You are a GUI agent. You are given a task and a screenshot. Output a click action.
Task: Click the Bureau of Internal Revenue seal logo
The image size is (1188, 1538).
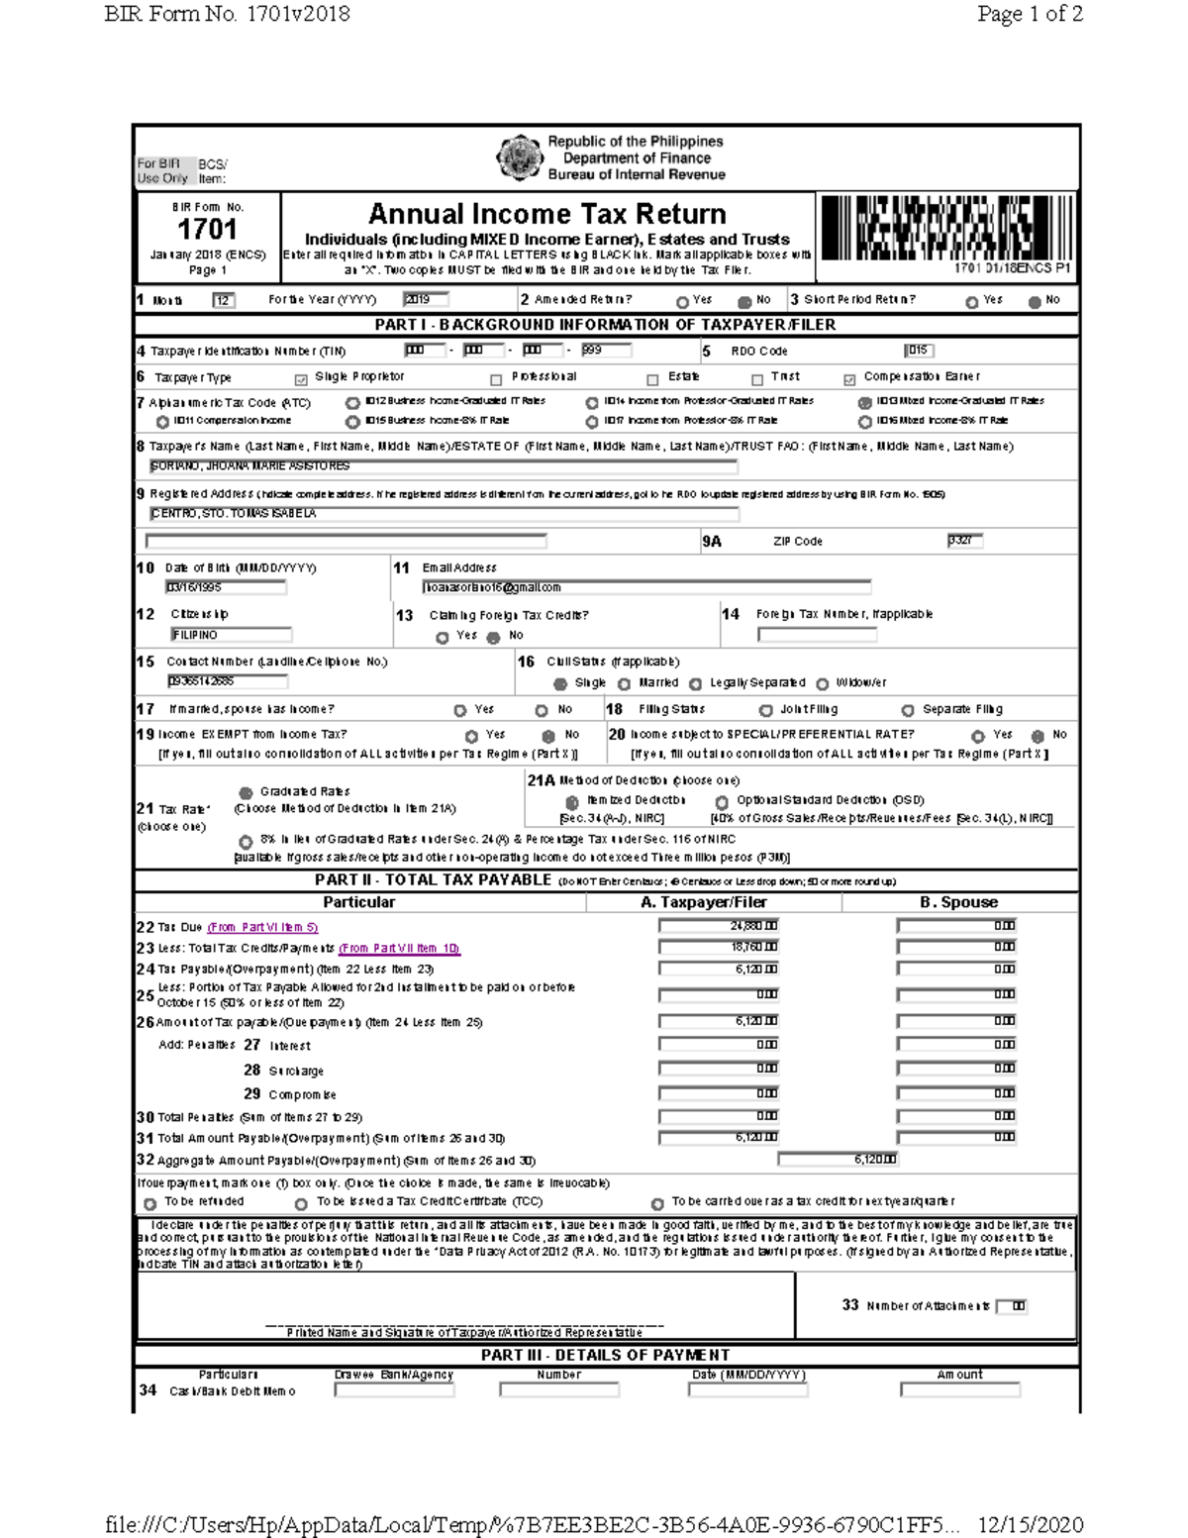click(518, 158)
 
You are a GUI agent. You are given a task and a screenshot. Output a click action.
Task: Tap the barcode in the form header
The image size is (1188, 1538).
click(946, 228)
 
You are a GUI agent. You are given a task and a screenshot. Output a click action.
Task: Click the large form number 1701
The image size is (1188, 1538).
click(207, 230)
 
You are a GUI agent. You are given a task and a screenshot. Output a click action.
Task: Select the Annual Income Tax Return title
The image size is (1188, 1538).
click(546, 214)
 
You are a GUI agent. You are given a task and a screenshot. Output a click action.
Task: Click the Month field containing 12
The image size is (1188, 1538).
click(224, 300)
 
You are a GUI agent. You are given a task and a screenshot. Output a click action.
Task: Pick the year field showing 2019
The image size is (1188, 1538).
click(426, 299)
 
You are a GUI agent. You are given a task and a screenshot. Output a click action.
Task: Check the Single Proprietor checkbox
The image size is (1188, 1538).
click(301, 379)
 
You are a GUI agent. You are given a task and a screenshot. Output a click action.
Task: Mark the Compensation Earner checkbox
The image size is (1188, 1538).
click(849, 379)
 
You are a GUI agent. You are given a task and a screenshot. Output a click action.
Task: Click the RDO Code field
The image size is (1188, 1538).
click(918, 351)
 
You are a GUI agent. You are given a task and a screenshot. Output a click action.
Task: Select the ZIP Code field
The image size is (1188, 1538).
click(964, 541)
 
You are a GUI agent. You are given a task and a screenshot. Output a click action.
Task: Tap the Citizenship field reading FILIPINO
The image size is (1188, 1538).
click(230, 635)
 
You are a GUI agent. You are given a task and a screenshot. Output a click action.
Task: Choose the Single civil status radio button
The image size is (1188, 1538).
click(560, 683)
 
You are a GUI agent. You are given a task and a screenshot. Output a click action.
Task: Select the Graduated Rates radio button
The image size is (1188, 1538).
click(246, 792)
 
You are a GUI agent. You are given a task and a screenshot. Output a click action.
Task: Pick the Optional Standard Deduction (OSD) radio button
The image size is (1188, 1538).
click(722, 802)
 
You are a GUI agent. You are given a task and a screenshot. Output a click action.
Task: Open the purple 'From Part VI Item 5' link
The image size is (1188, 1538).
click(262, 928)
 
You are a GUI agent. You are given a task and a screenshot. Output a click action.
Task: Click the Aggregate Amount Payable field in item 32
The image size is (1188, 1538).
click(838, 1160)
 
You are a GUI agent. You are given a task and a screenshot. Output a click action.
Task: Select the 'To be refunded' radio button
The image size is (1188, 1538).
click(150, 1204)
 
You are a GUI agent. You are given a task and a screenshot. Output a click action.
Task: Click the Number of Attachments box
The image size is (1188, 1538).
click(1012, 1306)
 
